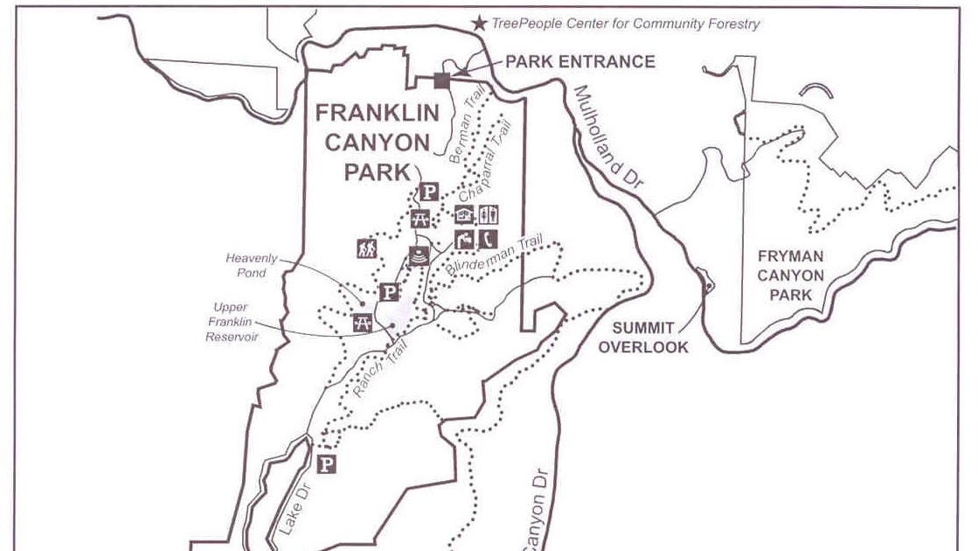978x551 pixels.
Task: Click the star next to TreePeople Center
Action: [479, 24]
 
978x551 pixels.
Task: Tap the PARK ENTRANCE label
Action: [580, 61]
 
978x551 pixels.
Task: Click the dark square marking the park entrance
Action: [441, 80]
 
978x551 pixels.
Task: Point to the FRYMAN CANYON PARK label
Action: [790, 275]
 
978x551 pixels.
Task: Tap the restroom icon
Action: [488, 214]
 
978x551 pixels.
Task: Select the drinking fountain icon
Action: [464, 238]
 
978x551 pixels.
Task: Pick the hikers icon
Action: [366, 248]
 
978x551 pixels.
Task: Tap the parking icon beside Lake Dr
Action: [327, 464]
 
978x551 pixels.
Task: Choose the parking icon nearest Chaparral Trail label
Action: [429, 193]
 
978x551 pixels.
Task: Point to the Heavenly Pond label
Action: [252, 265]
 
